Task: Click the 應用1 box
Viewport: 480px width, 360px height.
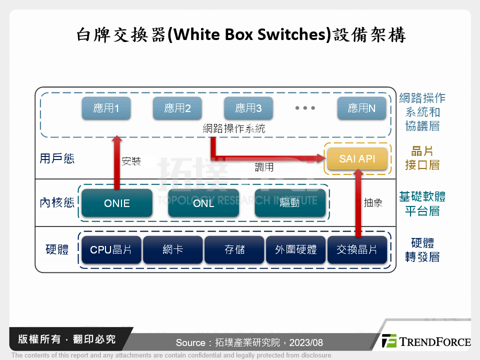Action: point(106,108)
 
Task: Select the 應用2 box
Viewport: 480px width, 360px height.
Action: point(177,108)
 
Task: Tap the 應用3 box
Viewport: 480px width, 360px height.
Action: point(248,108)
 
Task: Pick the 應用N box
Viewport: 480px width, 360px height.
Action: point(361,108)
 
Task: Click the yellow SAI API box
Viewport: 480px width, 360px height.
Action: point(357,159)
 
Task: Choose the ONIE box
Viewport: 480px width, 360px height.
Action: point(117,203)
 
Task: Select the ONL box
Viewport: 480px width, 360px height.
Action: point(203,203)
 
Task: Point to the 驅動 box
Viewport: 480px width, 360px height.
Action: point(290,203)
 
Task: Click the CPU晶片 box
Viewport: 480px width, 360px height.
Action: point(111,249)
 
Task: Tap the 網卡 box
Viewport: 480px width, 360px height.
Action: point(173,249)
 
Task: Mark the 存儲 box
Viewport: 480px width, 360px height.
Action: point(234,249)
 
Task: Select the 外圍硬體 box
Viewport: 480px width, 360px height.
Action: point(296,249)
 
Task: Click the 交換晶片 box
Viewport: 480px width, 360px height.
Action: point(357,249)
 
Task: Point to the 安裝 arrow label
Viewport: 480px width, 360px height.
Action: point(131,161)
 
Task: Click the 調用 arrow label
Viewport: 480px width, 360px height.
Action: point(264,167)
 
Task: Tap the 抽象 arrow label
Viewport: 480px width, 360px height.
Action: point(373,202)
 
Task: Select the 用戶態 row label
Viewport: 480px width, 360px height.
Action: point(57,158)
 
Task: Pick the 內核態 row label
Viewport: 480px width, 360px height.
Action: point(57,203)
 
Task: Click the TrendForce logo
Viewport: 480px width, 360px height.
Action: point(425,341)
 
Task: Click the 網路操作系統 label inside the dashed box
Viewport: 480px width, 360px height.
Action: point(234,128)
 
